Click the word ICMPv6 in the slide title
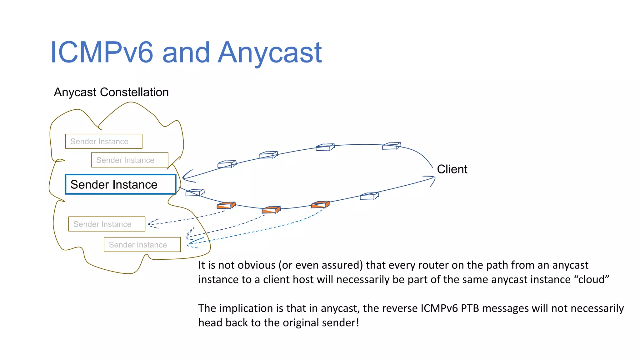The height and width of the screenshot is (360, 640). [102, 52]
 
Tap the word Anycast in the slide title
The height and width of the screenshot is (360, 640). [270, 52]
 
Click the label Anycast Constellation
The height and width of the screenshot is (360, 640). [111, 92]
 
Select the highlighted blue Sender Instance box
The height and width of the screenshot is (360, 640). [120, 184]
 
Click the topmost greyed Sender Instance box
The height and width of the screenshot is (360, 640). [103, 141]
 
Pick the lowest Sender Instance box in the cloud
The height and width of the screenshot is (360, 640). [142, 244]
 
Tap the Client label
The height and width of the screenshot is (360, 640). [452, 169]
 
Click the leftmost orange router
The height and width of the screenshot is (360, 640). [226, 206]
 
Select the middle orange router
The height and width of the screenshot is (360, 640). [271, 210]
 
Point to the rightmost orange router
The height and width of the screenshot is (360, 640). [320, 205]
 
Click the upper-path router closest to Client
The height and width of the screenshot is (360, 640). [391, 146]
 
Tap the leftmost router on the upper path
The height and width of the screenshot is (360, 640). [227, 164]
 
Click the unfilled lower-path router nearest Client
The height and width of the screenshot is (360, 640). [369, 196]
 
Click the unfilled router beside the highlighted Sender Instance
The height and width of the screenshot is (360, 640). [195, 192]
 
